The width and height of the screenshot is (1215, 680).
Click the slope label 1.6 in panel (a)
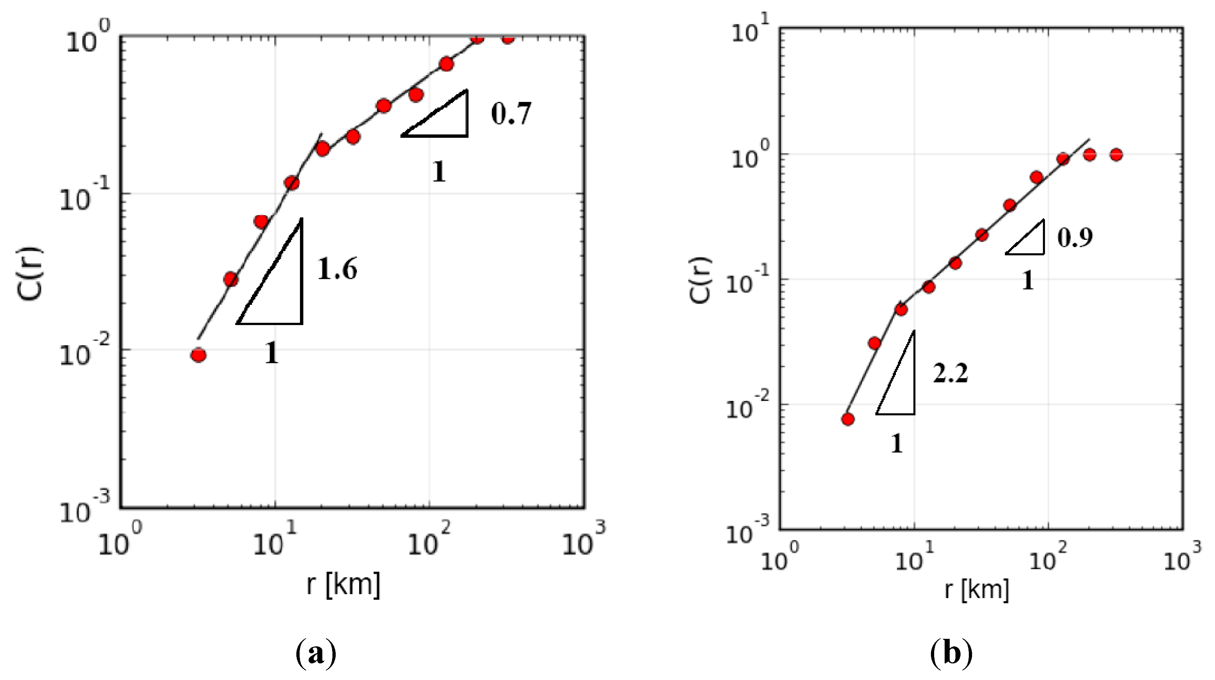pyautogui.click(x=337, y=269)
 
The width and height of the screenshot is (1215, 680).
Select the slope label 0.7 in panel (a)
pyautogui.click(x=511, y=114)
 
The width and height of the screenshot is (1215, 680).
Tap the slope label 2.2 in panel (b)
pyautogui.click(x=950, y=373)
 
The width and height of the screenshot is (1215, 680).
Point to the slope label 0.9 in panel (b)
pyautogui.click(x=1075, y=237)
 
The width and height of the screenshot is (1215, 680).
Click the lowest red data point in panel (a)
pyautogui.click(x=199, y=355)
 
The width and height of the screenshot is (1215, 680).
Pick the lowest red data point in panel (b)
pyautogui.click(x=848, y=419)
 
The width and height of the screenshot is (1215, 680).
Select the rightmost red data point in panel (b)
pyautogui.click(x=1116, y=154)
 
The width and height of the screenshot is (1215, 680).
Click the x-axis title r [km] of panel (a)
pyautogui.click(x=343, y=584)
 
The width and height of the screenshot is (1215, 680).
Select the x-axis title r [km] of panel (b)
pyautogui.click(x=976, y=589)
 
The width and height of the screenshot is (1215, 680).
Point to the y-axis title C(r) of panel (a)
pyautogui.click(x=29, y=273)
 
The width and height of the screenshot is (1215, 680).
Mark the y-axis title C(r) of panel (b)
pyautogui.click(x=700, y=280)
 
